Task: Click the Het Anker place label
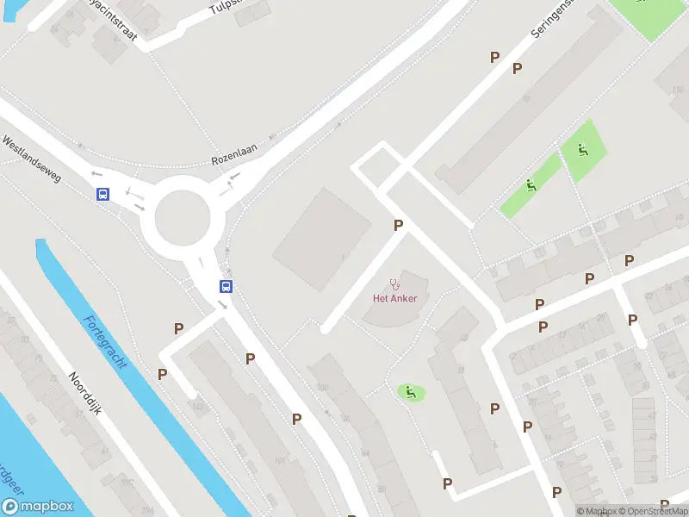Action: click(394, 298)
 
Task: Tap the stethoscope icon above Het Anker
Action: click(395, 283)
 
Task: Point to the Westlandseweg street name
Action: click(32, 159)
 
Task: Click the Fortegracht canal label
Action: click(105, 341)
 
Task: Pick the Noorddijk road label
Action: click(86, 394)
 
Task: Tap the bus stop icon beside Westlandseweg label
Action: click(103, 195)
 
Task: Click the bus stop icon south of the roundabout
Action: click(226, 287)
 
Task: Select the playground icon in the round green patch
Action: click(411, 392)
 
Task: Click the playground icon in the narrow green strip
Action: click(531, 186)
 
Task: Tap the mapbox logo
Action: click(37, 507)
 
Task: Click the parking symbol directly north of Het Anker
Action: click(398, 225)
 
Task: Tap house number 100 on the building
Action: click(323, 388)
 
